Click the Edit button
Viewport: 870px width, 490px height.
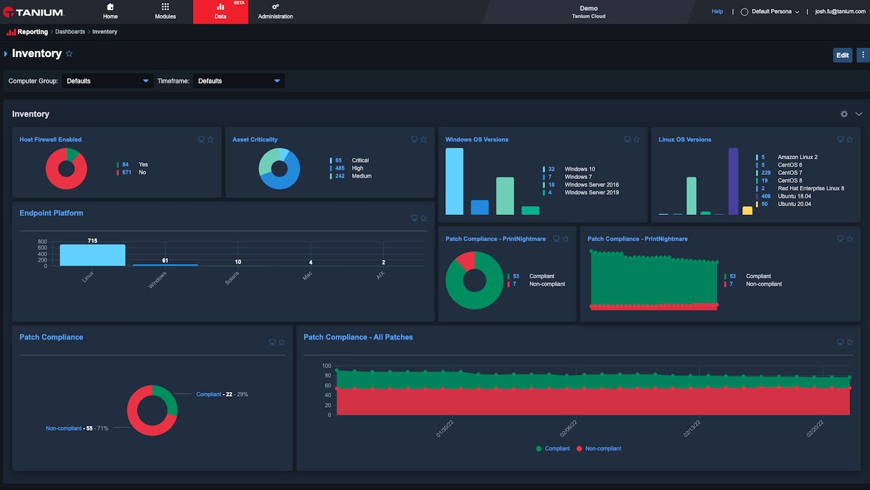(x=842, y=55)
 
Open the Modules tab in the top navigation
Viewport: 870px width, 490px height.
(x=165, y=12)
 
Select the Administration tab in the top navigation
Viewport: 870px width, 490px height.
(x=275, y=12)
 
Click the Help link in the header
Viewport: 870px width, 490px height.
(x=717, y=12)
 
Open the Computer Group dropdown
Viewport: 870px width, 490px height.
(x=107, y=81)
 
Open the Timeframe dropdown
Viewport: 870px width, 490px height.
(x=239, y=81)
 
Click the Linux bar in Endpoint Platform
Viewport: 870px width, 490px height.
(x=92, y=255)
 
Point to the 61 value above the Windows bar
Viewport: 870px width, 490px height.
(x=165, y=261)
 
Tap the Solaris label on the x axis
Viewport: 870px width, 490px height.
(x=232, y=278)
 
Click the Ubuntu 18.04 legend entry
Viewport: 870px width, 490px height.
(x=795, y=196)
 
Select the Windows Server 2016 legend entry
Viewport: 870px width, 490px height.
(x=591, y=184)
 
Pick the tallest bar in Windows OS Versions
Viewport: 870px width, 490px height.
(x=454, y=182)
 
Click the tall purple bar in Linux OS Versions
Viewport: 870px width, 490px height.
(x=733, y=182)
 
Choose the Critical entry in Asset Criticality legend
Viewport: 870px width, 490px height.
(x=360, y=161)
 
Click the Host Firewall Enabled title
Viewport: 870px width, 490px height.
(x=50, y=140)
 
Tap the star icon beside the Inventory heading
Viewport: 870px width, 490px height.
(x=69, y=54)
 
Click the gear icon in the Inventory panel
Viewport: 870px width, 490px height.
(x=844, y=114)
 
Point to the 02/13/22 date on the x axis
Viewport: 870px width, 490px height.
(x=693, y=429)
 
